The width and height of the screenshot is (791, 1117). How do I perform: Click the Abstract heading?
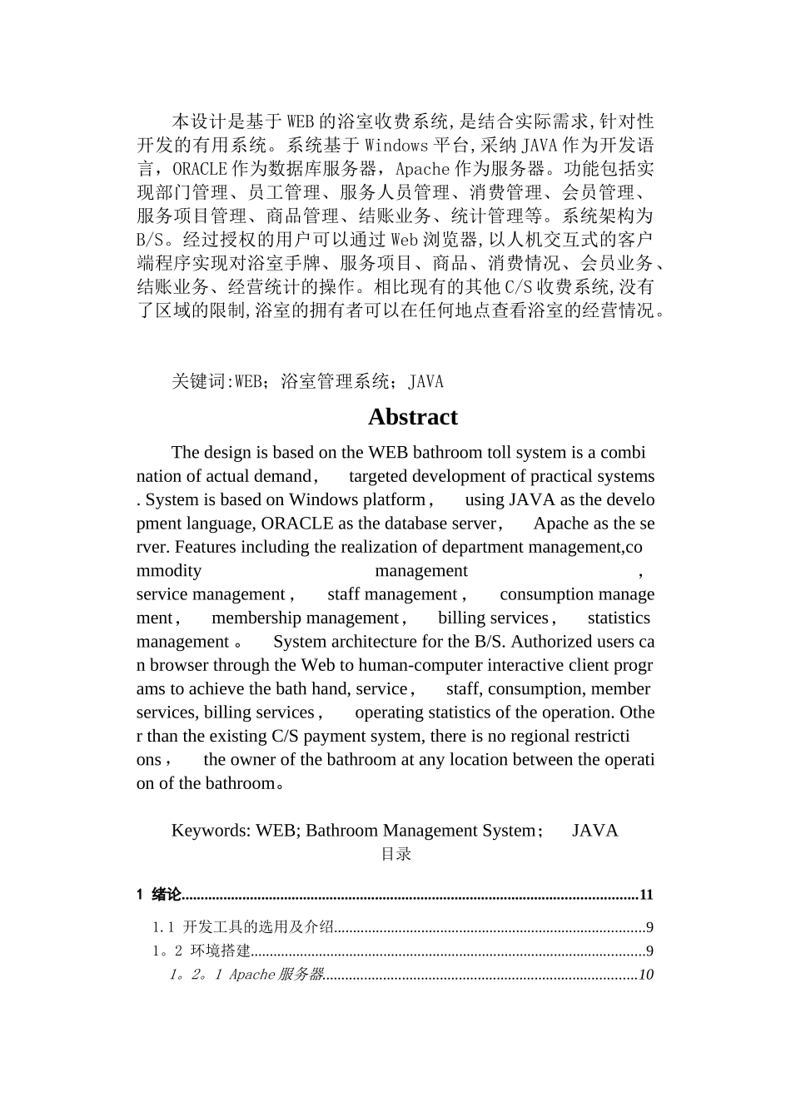coord(412,417)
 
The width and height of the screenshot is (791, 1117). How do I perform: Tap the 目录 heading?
coord(396,854)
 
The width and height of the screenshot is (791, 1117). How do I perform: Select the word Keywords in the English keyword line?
coord(210,831)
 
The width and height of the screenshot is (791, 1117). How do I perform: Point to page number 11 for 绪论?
coord(646,896)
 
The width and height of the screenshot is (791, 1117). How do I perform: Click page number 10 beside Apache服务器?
coord(646,975)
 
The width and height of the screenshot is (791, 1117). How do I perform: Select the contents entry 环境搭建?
coord(221,951)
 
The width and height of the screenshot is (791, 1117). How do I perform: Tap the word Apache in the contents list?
coord(251,975)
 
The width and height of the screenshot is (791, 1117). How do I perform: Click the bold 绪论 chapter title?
coord(167,896)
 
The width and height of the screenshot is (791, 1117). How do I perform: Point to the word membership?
coord(256,618)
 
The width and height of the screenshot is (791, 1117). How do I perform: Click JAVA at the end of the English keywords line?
coord(594,831)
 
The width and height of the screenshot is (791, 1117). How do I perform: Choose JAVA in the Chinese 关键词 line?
coord(425,382)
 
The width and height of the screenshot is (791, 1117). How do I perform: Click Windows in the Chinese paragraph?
coord(395,146)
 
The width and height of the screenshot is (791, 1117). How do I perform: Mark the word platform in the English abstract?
coord(394,500)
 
